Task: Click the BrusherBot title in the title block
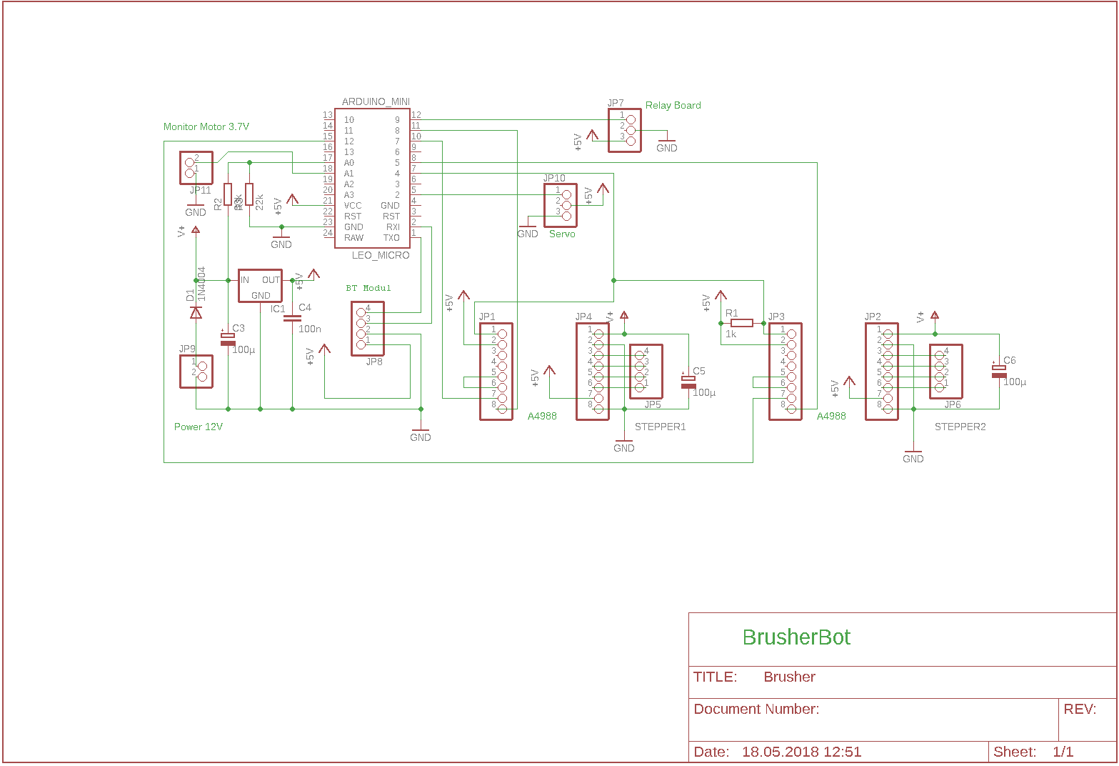click(x=796, y=637)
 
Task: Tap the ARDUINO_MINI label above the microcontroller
click(x=376, y=101)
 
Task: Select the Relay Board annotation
click(x=673, y=105)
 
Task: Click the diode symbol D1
click(x=195, y=312)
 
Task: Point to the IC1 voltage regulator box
click(x=260, y=286)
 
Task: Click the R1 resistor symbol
click(x=742, y=323)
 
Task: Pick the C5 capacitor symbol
click(x=688, y=382)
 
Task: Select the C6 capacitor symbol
click(x=998, y=371)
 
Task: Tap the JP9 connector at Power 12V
click(x=196, y=372)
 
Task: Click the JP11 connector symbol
click(x=196, y=168)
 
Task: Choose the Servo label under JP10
click(x=562, y=234)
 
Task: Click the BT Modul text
click(x=368, y=288)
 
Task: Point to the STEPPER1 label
click(x=660, y=427)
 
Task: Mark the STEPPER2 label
click(x=960, y=427)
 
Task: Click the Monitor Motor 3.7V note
click(x=206, y=126)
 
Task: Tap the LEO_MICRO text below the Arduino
click(x=381, y=255)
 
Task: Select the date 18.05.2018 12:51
click(x=801, y=752)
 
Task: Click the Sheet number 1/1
click(x=1063, y=752)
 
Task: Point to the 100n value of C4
click(x=310, y=329)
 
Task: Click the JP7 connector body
click(x=625, y=130)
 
